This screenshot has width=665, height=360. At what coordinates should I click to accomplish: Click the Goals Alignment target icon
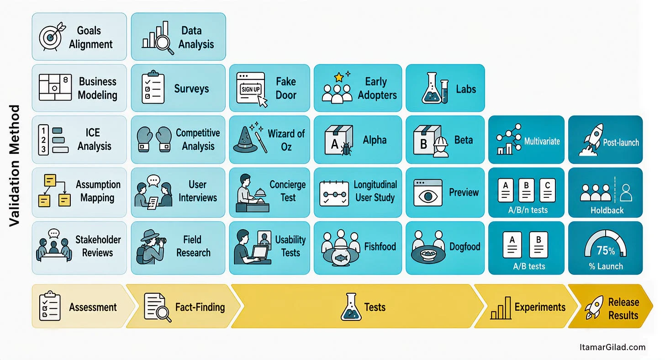pyautogui.click(x=51, y=37)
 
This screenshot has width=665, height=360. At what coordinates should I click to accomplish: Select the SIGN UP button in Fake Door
pyautogui.click(x=251, y=89)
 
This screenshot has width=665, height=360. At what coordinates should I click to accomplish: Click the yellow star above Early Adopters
pyautogui.click(x=339, y=78)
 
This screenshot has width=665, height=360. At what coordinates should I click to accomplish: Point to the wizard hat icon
pyautogui.click(x=245, y=140)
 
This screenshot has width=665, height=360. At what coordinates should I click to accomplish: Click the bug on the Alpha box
pyautogui.click(x=346, y=149)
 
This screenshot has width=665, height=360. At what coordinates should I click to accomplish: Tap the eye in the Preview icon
pyautogui.click(x=428, y=196)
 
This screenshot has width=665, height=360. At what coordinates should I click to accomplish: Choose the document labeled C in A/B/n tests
pyautogui.click(x=548, y=191)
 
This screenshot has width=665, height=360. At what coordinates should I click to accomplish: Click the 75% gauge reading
pyautogui.click(x=606, y=251)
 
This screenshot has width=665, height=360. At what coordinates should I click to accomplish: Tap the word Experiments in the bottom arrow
pyautogui.click(x=540, y=307)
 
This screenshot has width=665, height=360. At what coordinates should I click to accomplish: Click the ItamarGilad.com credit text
pyautogui.click(x=612, y=347)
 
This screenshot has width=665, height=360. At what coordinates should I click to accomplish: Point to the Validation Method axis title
pyautogui.click(x=14, y=165)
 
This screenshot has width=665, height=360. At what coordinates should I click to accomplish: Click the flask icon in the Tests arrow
pyautogui.click(x=351, y=307)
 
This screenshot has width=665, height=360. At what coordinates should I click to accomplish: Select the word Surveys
pyautogui.click(x=191, y=89)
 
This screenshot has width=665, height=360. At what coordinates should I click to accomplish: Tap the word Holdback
pyautogui.click(x=607, y=210)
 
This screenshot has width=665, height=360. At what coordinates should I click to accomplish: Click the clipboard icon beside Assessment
pyautogui.click(x=50, y=306)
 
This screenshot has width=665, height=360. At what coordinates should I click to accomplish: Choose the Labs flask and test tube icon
pyautogui.click(x=435, y=88)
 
